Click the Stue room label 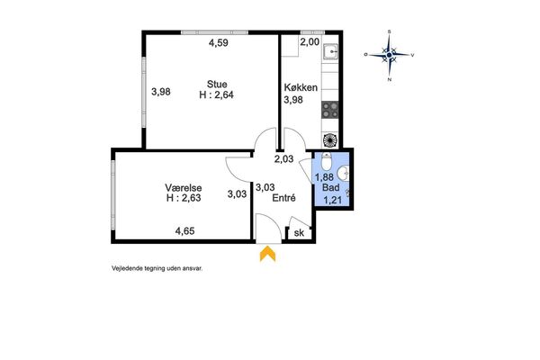point(217,85)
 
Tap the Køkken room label point(301,87)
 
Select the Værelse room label point(184,188)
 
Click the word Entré point(283,198)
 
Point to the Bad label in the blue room point(331,188)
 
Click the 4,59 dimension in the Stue point(219,43)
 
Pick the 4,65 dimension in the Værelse point(184,230)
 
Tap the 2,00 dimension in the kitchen point(310,42)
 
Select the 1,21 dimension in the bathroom point(332,200)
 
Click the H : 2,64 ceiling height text point(216,94)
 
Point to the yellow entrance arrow point(267,254)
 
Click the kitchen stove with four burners point(330,110)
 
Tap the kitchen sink point(330,51)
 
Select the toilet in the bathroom point(326,162)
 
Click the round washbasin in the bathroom point(343,174)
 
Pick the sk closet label point(299,233)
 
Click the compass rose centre point(389,55)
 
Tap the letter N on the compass point(390,79)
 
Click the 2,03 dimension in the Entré point(283,158)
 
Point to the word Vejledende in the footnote point(123,269)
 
